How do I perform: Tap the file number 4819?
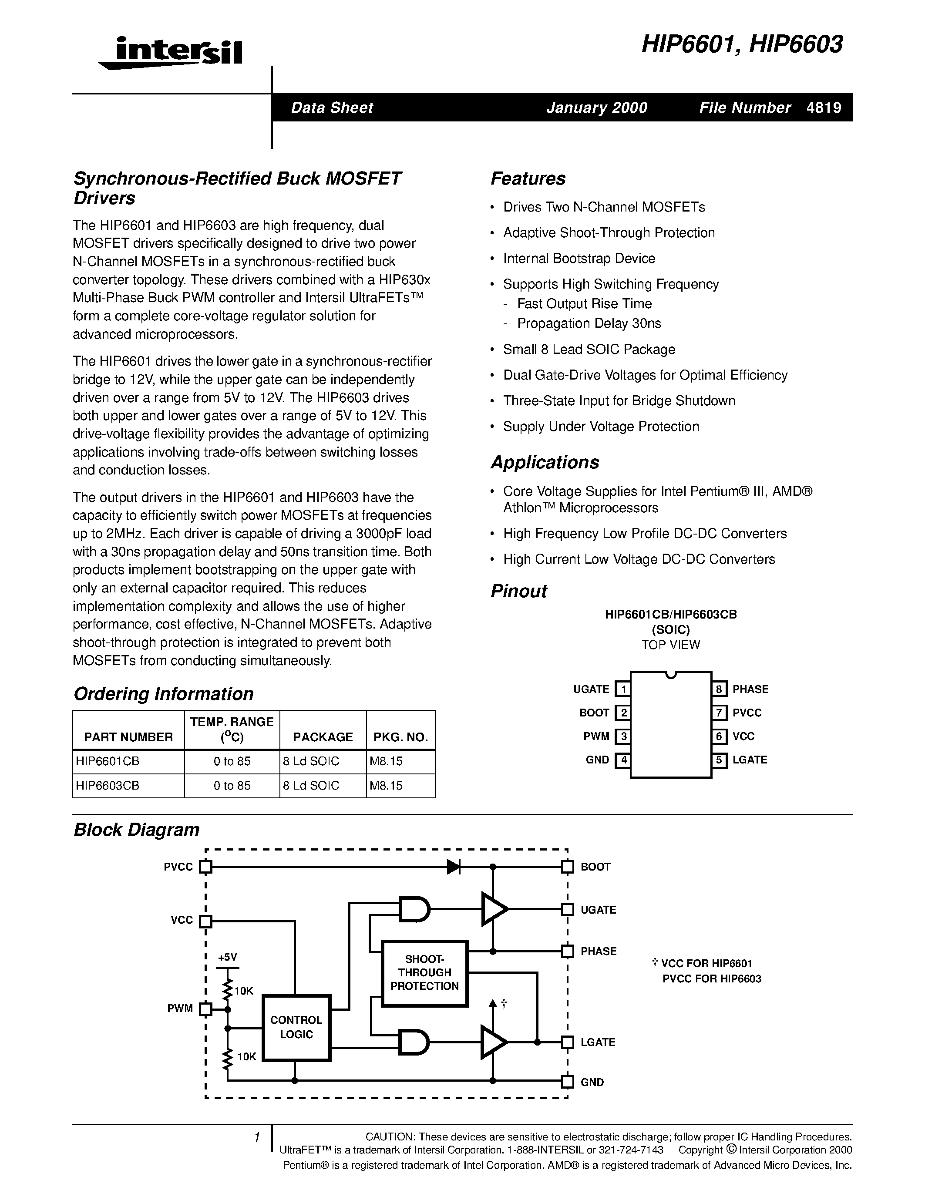pyautogui.click(x=824, y=108)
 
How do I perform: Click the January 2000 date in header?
pyautogui.click(x=596, y=108)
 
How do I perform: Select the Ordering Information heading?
pyautogui.click(x=163, y=694)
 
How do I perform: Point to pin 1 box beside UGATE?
pyautogui.click(x=622, y=689)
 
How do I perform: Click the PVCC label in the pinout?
pyautogui.click(x=747, y=713)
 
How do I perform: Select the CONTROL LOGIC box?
pyautogui.click(x=296, y=1028)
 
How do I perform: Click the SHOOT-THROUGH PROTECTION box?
pyautogui.click(x=424, y=973)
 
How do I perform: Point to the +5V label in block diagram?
pyautogui.click(x=227, y=957)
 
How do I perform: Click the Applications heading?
pyautogui.click(x=545, y=462)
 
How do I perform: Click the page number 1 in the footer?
pyautogui.click(x=256, y=1138)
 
